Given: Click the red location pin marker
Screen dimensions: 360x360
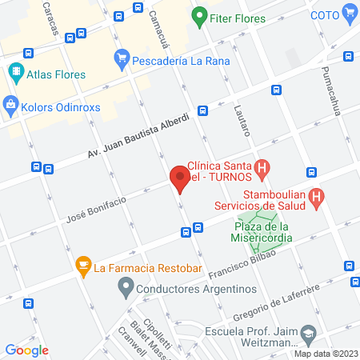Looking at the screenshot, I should click(x=179, y=178).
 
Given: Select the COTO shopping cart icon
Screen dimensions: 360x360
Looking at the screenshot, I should click(x=349, y=12).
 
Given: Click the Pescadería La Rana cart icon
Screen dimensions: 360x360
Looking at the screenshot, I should click(x=122, y=57).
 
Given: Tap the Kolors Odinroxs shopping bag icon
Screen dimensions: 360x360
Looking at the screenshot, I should click(x=10, y=103).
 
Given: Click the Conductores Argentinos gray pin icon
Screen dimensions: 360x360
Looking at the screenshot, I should click(x=124, y=289).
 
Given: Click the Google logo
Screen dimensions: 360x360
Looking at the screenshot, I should click(x=27, y=350).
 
